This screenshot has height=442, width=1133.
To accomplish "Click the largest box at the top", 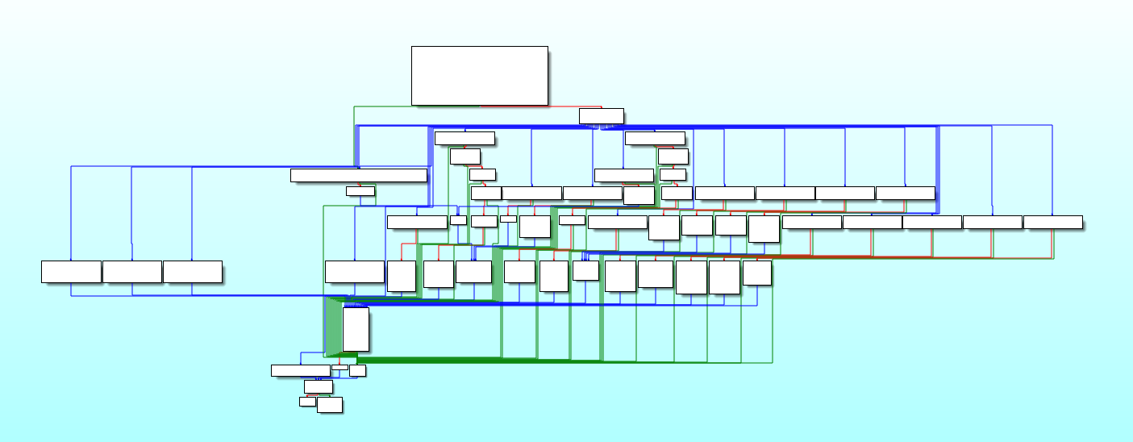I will click(x=479, y=75).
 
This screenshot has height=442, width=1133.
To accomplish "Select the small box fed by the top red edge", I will click(x=601, y=116).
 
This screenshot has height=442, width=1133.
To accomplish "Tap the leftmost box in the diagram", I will click(x=71, y=272).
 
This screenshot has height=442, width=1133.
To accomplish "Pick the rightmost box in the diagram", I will click(x=1052, y=222).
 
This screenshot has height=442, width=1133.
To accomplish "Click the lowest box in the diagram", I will click(x=329, y=405).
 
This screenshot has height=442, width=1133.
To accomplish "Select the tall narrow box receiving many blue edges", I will click(x=356, y=329).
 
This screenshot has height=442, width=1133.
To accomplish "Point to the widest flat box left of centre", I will click(x=358, y=175).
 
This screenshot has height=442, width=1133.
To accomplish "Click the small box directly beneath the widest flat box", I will click(x=360, y=191).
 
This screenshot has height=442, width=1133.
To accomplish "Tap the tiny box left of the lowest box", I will click(x=307, y=401).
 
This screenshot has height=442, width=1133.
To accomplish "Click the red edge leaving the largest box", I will click(x=548, y=106).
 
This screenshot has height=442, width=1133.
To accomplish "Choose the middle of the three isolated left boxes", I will click(x=132, y=272).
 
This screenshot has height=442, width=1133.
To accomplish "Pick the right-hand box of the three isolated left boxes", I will click(x=193, y=272).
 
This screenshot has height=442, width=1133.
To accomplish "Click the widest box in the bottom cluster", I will click(x=300, y=370).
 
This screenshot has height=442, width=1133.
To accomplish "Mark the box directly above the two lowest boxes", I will click(x=318, y=386).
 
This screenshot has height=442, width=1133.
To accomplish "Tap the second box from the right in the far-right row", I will click(x=993, y=222).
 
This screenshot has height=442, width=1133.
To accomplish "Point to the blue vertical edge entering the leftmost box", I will click(x=71, y=214).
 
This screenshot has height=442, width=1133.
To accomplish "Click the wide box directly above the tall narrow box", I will click(x=355, y=272).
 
